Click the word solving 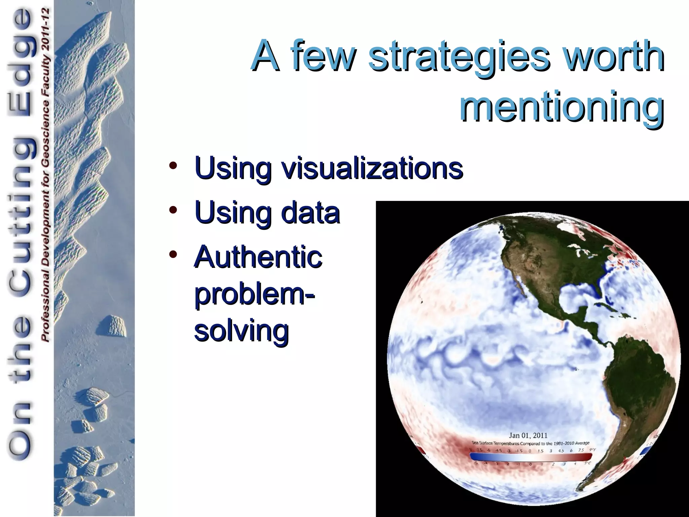pos(242,331)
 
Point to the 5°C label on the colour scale pos(587,464)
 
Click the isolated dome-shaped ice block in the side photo pos(112,326)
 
